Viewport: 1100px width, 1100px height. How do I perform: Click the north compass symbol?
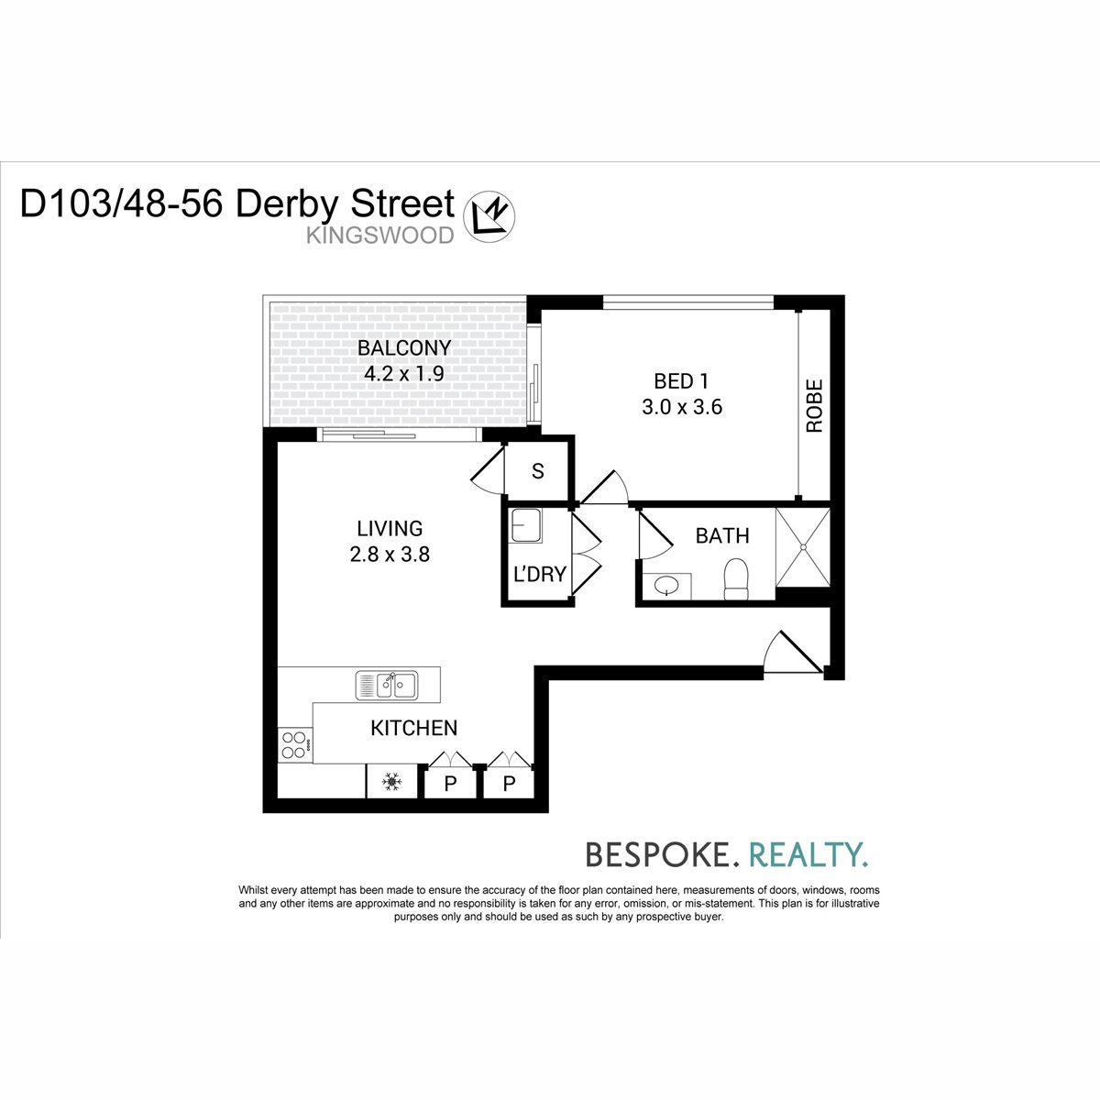489,216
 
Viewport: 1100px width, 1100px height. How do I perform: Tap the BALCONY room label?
404,347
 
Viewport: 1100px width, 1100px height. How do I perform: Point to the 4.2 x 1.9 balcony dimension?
404,374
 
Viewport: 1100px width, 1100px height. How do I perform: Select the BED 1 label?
681,380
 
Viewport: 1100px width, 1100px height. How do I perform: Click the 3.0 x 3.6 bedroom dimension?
682,407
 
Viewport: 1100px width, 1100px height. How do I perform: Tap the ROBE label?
815,405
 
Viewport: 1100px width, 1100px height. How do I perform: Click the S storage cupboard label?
538,471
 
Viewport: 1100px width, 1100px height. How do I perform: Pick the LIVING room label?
390,529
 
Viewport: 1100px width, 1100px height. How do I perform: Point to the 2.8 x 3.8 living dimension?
390,555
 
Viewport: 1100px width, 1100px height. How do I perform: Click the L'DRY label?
539,574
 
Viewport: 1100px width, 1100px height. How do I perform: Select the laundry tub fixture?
526,526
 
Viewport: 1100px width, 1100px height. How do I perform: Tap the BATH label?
722,535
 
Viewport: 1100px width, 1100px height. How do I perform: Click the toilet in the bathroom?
736,578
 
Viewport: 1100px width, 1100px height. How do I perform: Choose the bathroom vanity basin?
666,587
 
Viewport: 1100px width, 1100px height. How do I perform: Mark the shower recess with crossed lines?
803,547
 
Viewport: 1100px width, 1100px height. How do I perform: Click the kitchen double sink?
387,685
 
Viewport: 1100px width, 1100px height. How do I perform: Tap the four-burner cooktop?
295,745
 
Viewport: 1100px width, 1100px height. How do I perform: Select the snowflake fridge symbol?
391,782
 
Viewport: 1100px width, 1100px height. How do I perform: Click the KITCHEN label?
413,728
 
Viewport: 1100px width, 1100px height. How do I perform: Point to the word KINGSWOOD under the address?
380,236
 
